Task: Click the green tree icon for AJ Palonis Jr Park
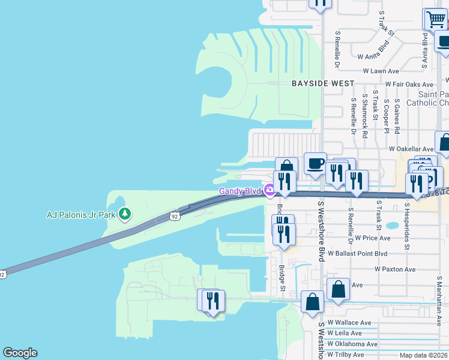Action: [125, 214]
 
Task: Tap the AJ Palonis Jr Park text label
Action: [82, 214]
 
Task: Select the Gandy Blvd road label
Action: [238, 191]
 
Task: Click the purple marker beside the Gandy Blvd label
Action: [270, 191]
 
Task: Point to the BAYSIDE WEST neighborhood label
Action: [323, 83]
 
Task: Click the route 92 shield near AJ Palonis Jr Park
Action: [174, 215]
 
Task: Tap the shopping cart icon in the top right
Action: [435, 19]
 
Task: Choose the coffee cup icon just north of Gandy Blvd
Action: [315, 163]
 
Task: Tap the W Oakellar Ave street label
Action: [411, 148]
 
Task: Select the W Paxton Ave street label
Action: [394, 269]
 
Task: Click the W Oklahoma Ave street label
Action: [352, 344]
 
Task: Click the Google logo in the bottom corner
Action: [20, 353]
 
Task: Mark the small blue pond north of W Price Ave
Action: [392, 227]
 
